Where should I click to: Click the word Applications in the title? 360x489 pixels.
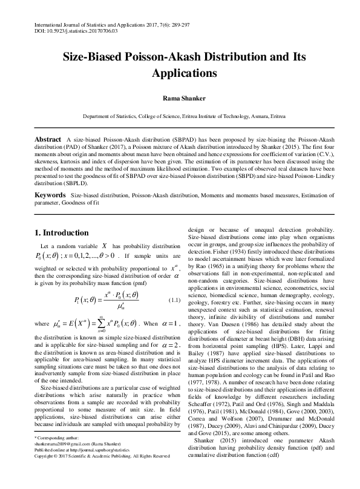pos(180,73)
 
